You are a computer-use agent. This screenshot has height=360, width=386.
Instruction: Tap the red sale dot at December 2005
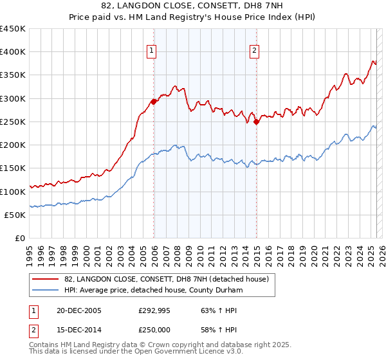tap(154, 101)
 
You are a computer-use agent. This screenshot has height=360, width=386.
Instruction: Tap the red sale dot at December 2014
tap(256, 121)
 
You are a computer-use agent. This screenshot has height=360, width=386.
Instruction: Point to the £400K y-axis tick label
tap(13, 52)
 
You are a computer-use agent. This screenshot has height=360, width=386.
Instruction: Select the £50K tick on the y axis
tap(15, 215)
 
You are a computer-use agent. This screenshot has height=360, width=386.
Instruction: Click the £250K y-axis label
tap(13, 122)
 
